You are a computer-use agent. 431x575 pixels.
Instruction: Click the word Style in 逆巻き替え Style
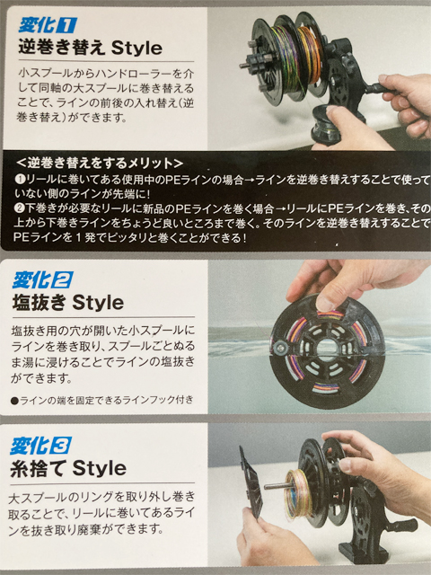point(136,48)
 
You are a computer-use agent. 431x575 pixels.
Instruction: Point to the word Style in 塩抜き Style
point(98,303)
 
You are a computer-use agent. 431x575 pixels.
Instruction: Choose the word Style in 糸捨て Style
point(100,468)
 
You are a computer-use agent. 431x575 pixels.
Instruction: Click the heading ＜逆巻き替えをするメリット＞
point(100,163)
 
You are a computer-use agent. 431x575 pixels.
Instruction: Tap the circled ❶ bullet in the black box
point(19,180)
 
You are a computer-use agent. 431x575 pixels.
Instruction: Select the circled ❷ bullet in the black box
point(19,209)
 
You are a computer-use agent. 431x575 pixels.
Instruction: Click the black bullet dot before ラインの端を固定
point(14,401)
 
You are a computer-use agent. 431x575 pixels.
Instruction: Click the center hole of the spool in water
point(326,349)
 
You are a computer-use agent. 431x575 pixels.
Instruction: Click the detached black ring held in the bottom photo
point(251,481)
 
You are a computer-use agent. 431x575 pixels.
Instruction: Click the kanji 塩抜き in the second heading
point(40,303)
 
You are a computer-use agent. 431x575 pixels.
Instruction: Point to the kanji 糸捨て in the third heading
point(40,468)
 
